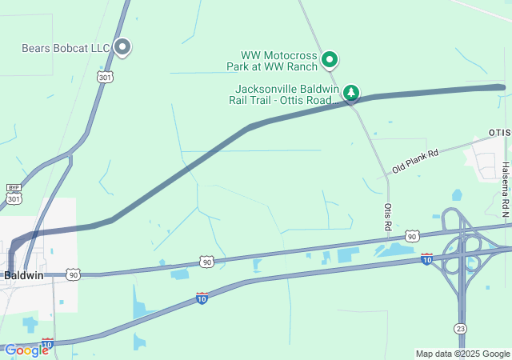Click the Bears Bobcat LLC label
point(66,49)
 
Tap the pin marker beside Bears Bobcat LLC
point(122,47)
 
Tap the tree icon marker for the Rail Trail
point(350,94)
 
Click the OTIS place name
point(499,132)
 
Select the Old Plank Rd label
point(415,162)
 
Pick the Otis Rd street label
point(388,217)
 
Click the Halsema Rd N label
point(506,190)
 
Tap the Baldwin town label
point(23,274)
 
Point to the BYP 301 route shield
point(14,194)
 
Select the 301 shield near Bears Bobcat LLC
point(104,77)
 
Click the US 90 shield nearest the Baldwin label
point(74,274)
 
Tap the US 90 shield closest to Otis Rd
point(411,236)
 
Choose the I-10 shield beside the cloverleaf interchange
point(426,258)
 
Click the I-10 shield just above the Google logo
point(47,343)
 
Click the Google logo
point(26,350)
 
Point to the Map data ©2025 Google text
point(462,354)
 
